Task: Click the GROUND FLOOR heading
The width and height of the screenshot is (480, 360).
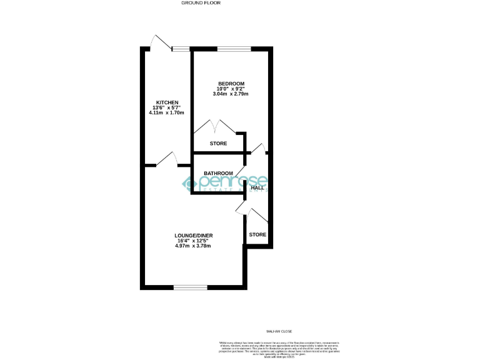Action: click(x=201, y=3)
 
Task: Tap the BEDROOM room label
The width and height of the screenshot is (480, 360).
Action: click(x=231, y=84)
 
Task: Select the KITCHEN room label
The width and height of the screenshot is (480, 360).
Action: click(x=167, y=102)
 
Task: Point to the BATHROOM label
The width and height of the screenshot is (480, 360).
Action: click(x=218, y=173)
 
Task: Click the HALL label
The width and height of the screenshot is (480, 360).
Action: click(x=257, y=187)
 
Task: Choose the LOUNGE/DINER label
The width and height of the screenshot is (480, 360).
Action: click(x=194, y=235)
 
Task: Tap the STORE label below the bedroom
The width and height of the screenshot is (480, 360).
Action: click(x=218, y=144)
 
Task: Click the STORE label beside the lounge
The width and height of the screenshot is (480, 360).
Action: click(x=257, y=234)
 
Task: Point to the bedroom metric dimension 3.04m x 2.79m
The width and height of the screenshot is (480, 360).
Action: click(x=231, y=94)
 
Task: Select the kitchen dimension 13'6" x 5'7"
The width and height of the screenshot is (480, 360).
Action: click(x=167, y=107)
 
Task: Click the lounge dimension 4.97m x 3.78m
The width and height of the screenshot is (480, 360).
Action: click(x=194, y=246)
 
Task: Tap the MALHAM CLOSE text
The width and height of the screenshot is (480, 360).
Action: click(x=279, y=331)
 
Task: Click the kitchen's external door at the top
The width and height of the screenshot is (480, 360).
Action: click(x=161, y=42)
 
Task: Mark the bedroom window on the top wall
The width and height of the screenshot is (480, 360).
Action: click(x=234, y=48)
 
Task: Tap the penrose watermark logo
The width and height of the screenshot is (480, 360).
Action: click(x=225, y=183)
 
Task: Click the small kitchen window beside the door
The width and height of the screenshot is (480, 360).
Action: click(x=182, y=48)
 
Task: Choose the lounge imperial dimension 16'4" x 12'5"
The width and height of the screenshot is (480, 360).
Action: click(x=194, y=241)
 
